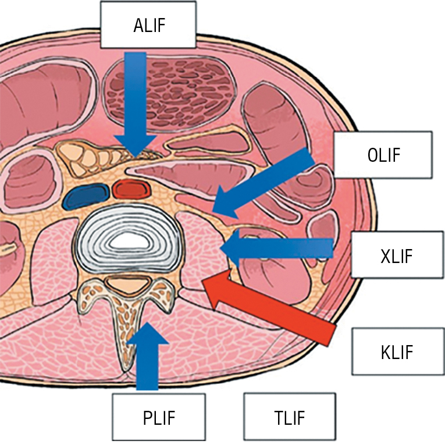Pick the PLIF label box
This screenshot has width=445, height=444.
pos(158,417)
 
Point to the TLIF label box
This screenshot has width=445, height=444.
pos(290,417)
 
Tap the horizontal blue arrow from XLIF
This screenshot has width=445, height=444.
pos(279,249)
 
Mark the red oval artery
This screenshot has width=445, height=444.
pos(132,189)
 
